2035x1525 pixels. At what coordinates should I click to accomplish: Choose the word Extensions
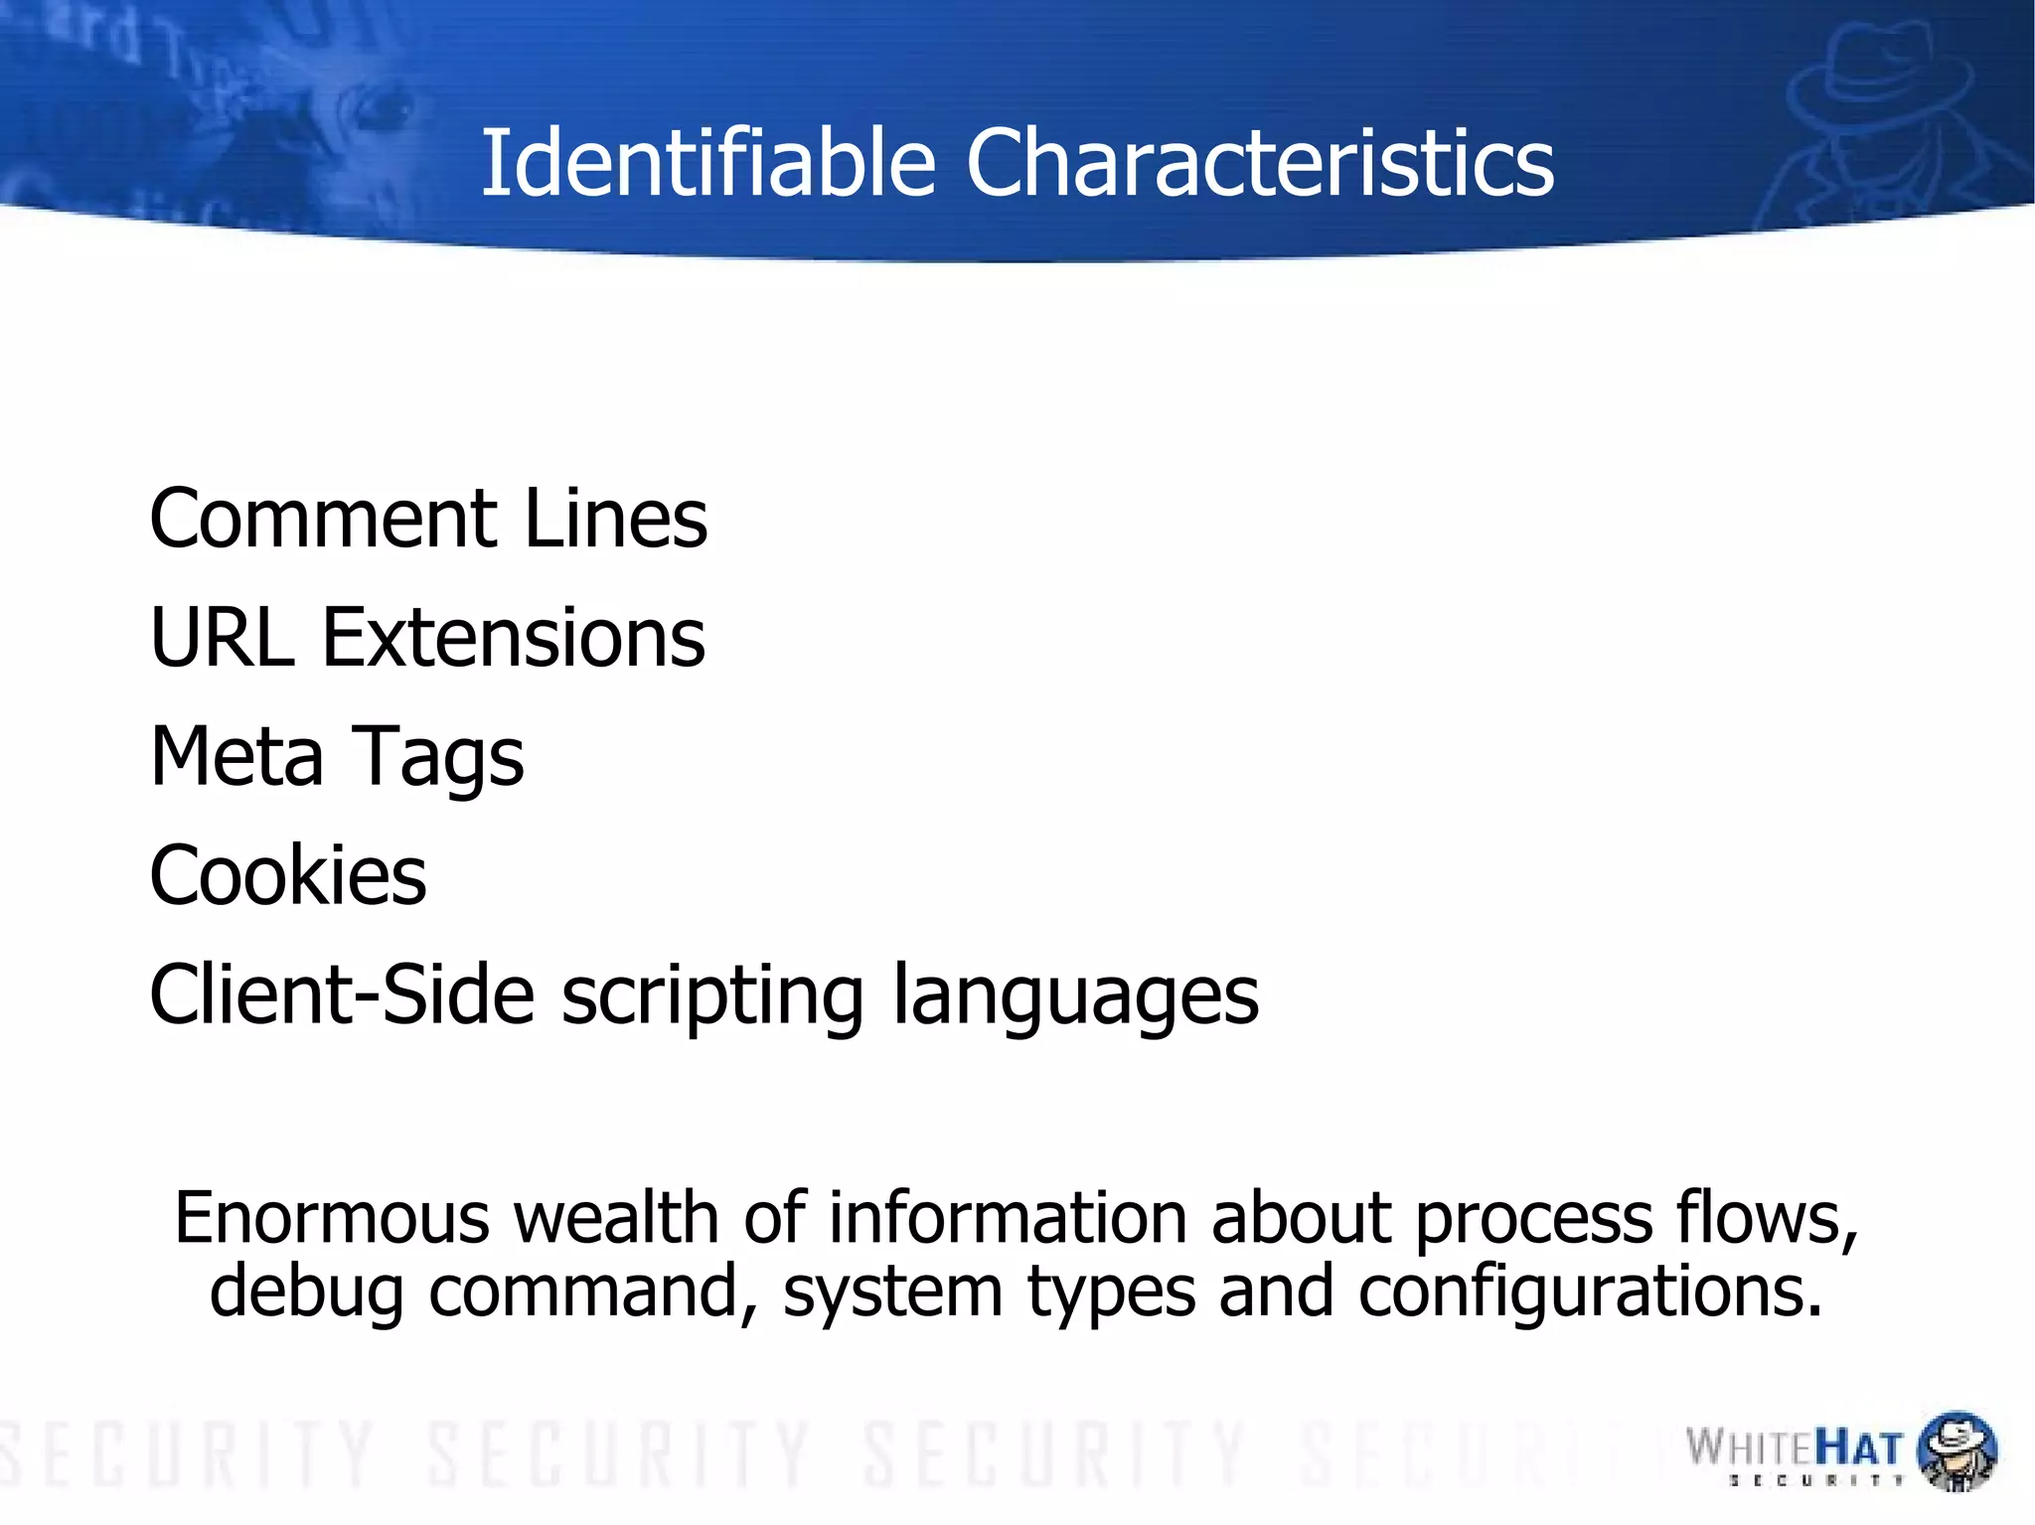513,637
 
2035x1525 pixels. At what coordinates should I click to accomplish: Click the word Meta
236,756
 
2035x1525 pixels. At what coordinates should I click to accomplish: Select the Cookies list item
288,875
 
